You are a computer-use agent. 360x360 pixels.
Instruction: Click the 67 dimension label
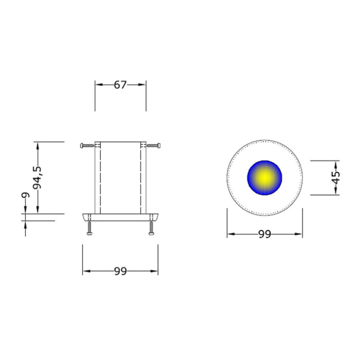tap(121, 85)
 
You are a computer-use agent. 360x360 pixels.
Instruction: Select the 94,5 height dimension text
tap(37, 178)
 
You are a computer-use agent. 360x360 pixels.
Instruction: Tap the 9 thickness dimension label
tap(25, 195)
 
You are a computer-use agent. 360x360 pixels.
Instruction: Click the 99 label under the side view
tap(121, 271)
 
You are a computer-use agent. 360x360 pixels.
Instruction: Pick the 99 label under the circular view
tap(265, 234)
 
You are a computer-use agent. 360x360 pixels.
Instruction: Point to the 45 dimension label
tap(336, 178)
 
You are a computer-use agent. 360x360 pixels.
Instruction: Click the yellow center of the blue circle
tap(265, 178)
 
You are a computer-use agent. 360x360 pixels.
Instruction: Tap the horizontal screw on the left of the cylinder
tap(87, 145)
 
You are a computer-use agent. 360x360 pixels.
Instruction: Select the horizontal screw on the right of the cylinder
tap(154, 145)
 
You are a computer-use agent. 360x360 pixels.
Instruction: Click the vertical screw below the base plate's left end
tap(89, 228)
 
